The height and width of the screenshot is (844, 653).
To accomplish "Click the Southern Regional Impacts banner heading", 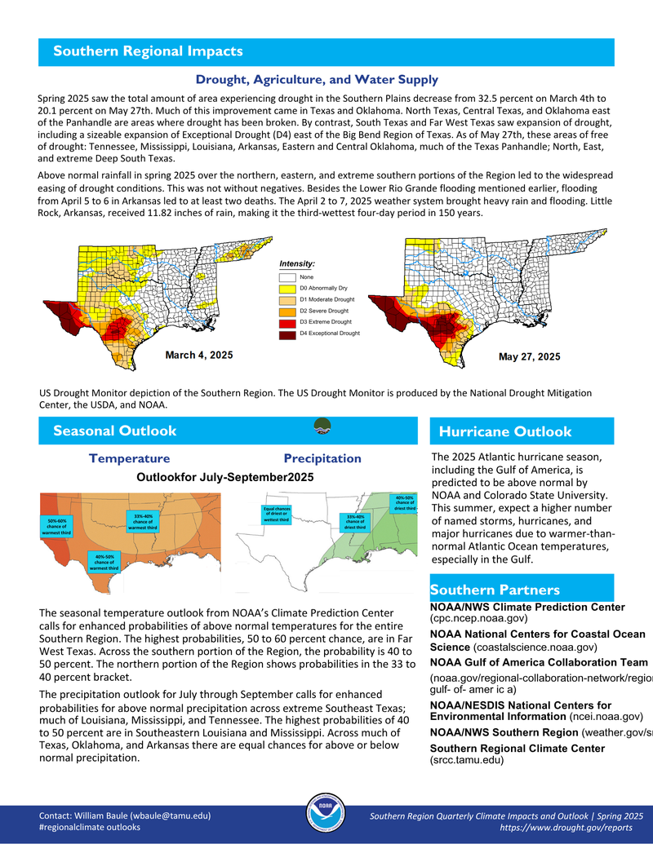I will (x=148, y=51).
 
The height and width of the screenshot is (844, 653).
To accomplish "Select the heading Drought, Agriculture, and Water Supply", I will (x=317, y=80).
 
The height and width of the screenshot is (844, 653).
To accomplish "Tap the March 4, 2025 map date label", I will (x=199, y=355).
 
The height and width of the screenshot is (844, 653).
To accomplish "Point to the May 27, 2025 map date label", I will (x=529, y=356).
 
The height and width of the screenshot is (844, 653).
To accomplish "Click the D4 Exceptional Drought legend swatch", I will (x=288, y=333).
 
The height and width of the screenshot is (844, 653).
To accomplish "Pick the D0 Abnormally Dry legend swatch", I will (x=288, y=288).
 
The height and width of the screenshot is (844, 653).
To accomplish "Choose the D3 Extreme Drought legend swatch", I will (x=288, y=322).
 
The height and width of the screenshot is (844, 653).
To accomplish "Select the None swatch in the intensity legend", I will (x=288, y=277).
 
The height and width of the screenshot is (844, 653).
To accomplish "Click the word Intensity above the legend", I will (x=297, y=263).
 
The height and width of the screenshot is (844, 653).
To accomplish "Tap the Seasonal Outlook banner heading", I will (x=114, y=431).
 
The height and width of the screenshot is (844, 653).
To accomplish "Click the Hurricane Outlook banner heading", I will (x=505, y=431).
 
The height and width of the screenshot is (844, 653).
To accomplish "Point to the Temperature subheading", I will (x=130, y=458).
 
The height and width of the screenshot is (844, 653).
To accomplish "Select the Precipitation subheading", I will (x=322, y=458).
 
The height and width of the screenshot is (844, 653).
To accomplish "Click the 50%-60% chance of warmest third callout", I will (x=57, y=527).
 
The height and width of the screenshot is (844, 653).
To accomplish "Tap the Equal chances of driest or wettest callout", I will (x=278, y=514).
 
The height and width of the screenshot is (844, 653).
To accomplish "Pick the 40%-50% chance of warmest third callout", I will (x=104, y=562).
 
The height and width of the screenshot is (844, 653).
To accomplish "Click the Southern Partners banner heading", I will (x=495, y=590).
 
